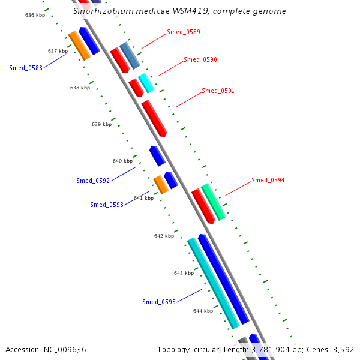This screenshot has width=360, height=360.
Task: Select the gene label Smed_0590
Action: tap(200, 60)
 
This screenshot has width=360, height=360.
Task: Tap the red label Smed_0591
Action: tap(218, 91)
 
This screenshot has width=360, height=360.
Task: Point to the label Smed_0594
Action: tap(268, 180)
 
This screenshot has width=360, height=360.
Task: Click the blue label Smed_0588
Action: tap(26, 68)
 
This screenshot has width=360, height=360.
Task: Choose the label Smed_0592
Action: tap(93, 181)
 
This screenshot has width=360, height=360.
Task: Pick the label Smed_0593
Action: tap(107, 205)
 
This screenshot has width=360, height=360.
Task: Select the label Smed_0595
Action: tap(159, 302)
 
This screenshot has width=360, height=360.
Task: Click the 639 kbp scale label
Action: tap(102, 124)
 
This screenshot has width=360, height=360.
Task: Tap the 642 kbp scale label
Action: tap(164, 236)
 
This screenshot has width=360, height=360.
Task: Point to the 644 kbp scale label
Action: tap(203, 311)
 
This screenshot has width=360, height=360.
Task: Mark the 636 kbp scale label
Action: tap(35, 14)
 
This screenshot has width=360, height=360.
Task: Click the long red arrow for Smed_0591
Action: tap(154, 118)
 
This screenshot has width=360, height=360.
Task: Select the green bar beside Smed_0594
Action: tap(214, 201)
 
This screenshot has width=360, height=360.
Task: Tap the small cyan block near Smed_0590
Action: tap(146, 83)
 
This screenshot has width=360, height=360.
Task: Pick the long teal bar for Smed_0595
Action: tap(213, 283)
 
